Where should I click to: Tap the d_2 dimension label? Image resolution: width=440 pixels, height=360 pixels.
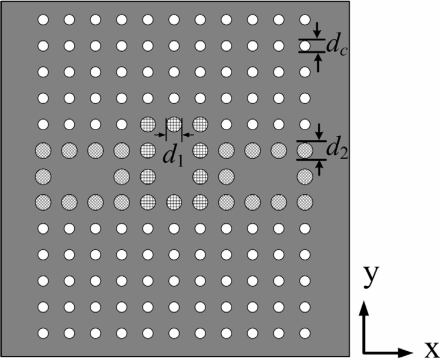click(x=336, y=150)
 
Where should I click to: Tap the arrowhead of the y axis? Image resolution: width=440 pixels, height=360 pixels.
click(x=364, y=307)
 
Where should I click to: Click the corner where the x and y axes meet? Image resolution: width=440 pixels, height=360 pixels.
click(x=364, y=352)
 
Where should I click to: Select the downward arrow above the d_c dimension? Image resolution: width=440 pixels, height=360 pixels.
click(x=317, y=31)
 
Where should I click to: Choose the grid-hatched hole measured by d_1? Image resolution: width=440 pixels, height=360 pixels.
click(x=174, y=125)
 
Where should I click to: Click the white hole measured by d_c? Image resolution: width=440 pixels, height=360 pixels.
click(x=305, y=45)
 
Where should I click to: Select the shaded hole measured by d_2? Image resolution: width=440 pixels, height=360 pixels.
click(x=305, y=150)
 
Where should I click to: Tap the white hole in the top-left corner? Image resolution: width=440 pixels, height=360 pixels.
click(x=43, y=20)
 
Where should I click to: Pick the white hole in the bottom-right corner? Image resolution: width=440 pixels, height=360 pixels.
click(x=305, y=333)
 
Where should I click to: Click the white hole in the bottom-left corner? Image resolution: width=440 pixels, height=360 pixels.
click(x=43, y=333)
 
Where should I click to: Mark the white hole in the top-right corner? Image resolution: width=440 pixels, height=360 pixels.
click(x=305, y=20)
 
